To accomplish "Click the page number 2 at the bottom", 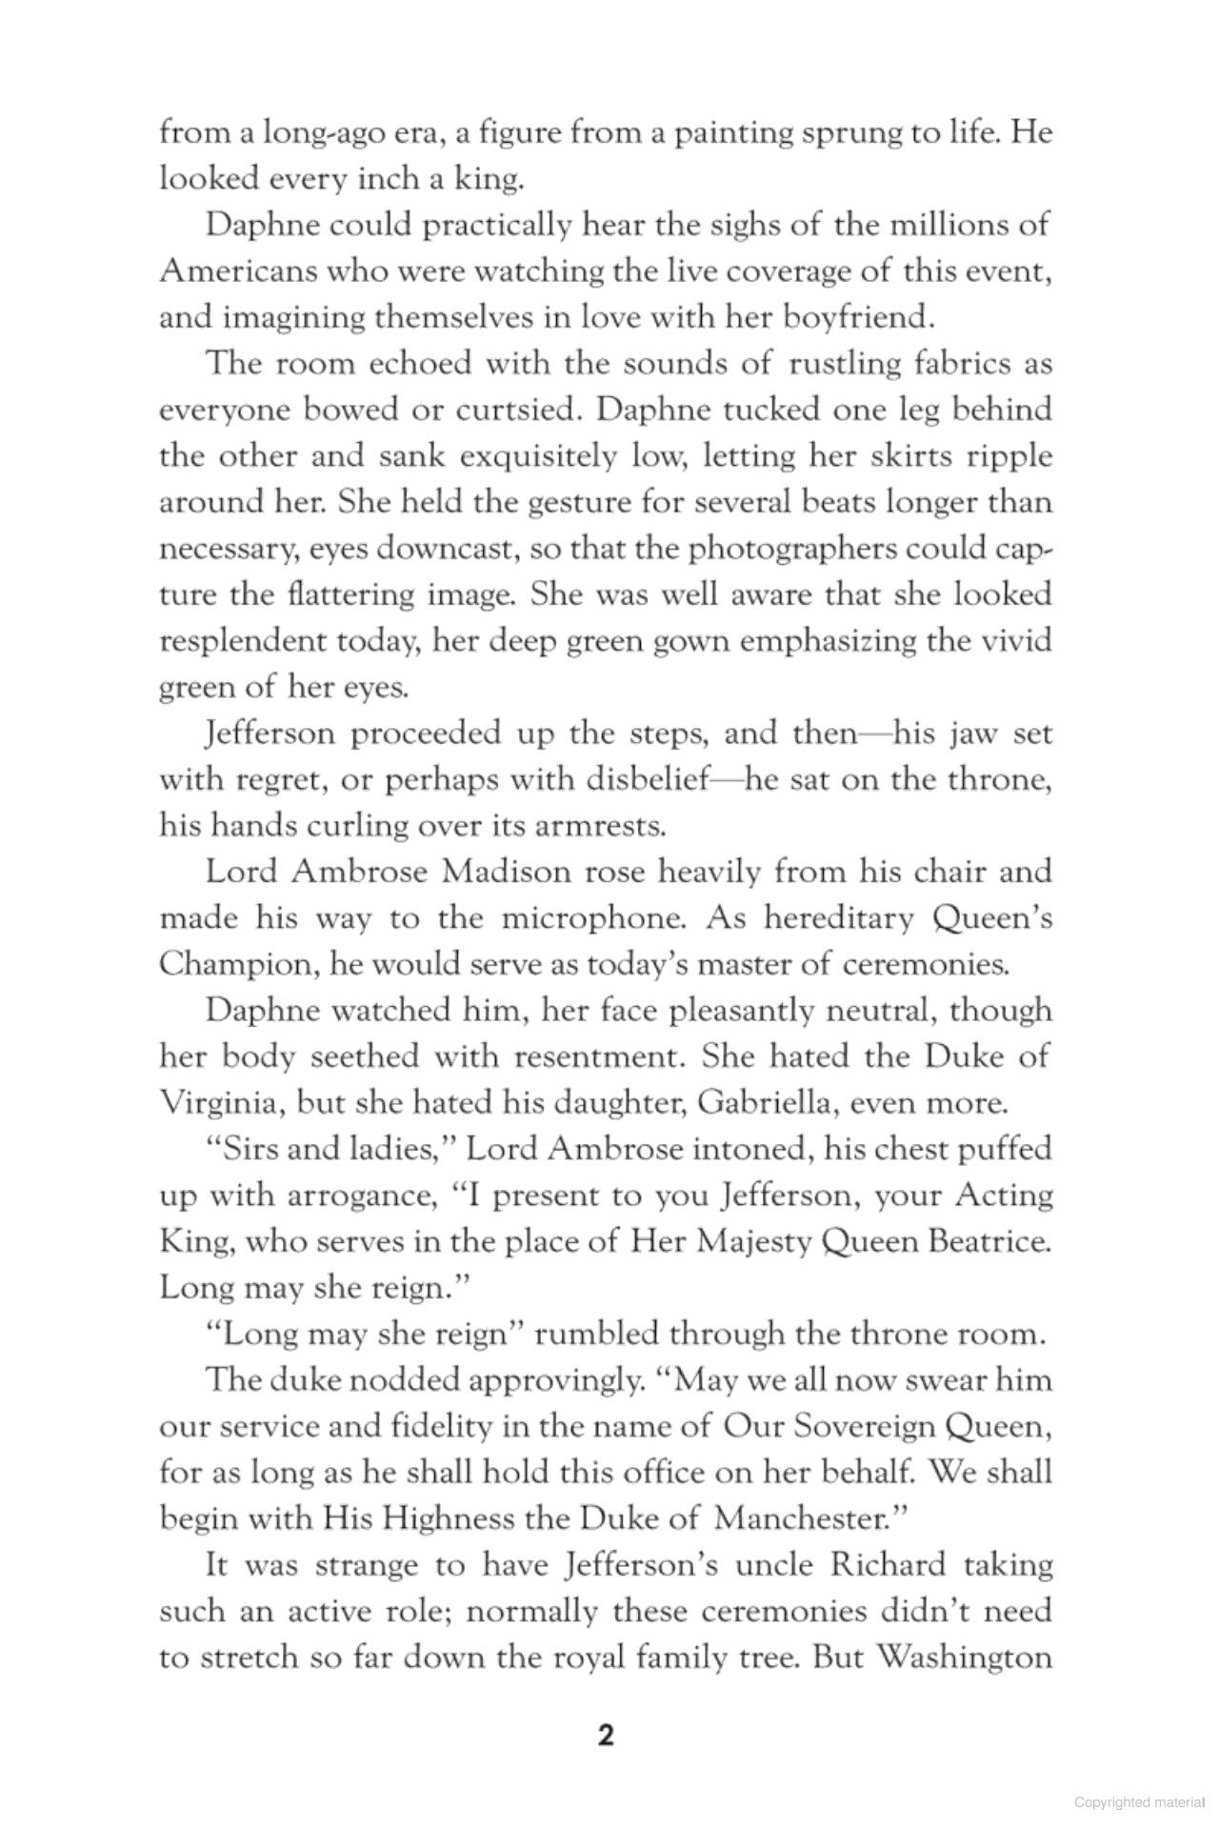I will click(607, 1736).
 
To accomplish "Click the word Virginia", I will click(220, 1102).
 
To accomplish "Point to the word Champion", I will click(238, 964).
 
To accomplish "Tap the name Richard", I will click(887, 1564).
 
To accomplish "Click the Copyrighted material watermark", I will click(1139, 1802).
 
